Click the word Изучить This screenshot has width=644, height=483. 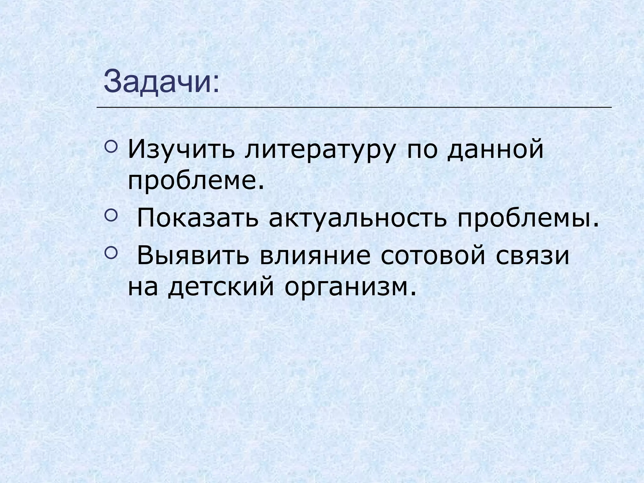tap(181, 151)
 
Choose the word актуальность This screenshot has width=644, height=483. tap(357, 218)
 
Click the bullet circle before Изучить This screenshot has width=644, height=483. tap(111, 146)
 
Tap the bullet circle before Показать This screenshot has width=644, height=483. tap(111, 214)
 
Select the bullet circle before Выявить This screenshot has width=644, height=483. tap(111, 252)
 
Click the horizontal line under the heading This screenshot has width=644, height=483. tap(354, 108)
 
